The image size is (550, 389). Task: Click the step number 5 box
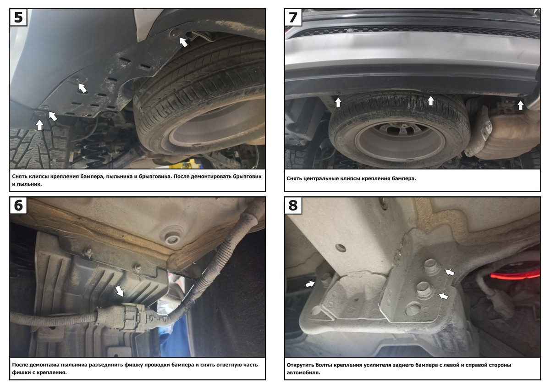pos(18,17)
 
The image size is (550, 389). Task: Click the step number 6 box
pos(18,205)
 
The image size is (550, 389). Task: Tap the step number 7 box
pos(293,17)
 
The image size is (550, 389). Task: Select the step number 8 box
pos(293,205)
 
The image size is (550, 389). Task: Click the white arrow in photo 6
pos(120,291)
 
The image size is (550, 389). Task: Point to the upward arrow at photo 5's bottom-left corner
pos(39,125)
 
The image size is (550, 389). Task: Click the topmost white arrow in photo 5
pos(183,42)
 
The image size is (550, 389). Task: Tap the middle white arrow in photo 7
pos(431,100)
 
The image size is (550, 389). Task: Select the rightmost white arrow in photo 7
pos(520,105)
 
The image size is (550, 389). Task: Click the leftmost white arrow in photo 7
pos(338,102)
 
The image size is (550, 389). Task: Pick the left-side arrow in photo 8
pos(310,284)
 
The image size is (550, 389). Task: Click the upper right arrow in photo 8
pos(450,272)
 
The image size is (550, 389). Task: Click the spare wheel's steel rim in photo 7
pos(400,141)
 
